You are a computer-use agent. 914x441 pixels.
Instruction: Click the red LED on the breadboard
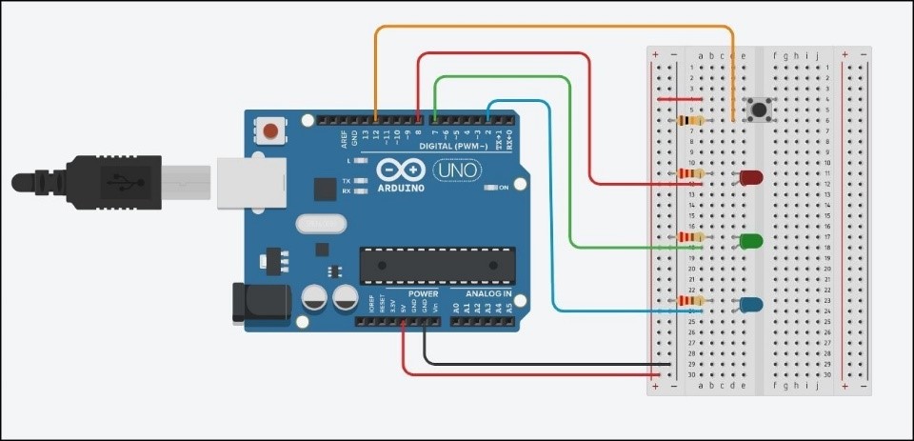pos(750,177)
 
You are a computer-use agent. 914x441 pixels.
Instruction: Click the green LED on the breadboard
pos(750,241)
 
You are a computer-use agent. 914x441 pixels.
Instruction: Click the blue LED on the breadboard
pos(749,305)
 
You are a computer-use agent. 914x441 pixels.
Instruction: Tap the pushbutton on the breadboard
pos(758,110)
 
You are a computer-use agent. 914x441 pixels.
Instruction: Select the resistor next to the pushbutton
pos(692,121)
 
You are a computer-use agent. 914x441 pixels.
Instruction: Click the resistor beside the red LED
pos(692,174)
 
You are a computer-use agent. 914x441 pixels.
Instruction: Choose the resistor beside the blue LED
pos(692,302)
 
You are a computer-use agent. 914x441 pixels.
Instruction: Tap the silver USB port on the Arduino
pos(248,181)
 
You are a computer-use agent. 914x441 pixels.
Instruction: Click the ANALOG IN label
pos(488,293)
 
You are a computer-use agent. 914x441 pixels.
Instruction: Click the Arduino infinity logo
pos(402,170)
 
